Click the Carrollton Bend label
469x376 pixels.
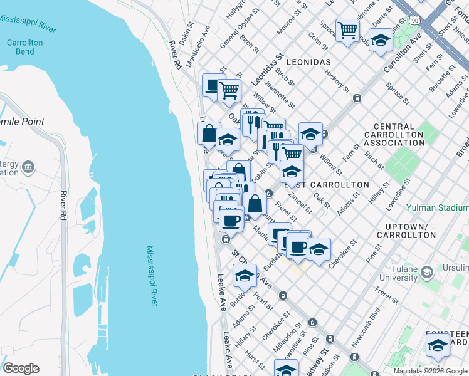click(24, 48)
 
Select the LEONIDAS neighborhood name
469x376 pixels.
click(308, 63)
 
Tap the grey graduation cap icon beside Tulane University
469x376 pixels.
click(427, 272)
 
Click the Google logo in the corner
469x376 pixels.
click(21, 368)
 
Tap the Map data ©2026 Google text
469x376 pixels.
click(430, 371)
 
